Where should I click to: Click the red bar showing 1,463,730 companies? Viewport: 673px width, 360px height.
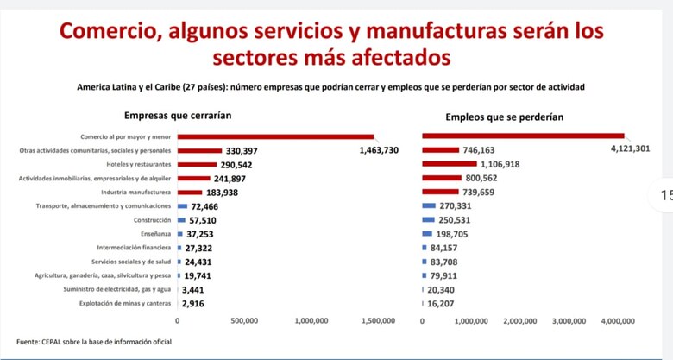[275, 136]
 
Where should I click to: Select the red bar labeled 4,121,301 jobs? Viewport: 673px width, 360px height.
[523, 136]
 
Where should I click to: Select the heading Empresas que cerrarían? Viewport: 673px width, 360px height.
[177, 115]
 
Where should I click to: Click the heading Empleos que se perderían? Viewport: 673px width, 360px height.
[505, 117]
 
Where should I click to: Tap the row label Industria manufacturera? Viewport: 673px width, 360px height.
[135, 192]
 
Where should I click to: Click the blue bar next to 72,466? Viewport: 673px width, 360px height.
[182, 206]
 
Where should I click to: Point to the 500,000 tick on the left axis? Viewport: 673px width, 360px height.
[245, 320]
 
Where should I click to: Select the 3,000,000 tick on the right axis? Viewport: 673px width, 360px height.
[569, 320]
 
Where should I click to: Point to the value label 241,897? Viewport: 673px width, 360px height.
[234, 178]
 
